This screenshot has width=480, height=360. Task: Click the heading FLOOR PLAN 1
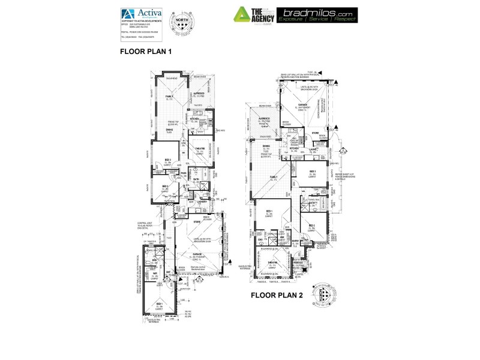click(x=146, y=52)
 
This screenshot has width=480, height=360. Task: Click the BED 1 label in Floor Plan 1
click(x=160, y=304)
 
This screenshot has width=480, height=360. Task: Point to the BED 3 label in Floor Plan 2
click(x=313, y=172)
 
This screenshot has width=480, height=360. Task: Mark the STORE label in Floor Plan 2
click(x=316, y=133)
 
